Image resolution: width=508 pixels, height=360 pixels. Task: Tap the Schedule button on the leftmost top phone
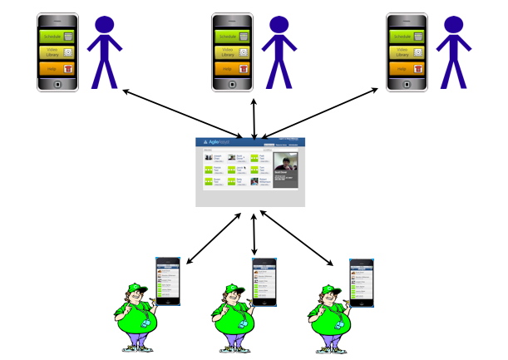point(57,36)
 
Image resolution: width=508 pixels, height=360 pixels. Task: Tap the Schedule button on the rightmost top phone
point(407,36)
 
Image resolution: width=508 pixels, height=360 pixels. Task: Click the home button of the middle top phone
point(232,84)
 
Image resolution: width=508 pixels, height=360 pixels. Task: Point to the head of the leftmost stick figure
point(105,24)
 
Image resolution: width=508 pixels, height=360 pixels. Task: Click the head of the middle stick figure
point(279,24)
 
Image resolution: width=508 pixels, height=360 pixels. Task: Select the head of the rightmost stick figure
point(454,24)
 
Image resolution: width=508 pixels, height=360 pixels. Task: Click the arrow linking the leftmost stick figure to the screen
point(183,112)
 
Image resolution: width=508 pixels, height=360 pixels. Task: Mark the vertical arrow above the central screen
point(254,116)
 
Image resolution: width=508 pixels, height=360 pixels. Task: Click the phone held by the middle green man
point(264,281)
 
